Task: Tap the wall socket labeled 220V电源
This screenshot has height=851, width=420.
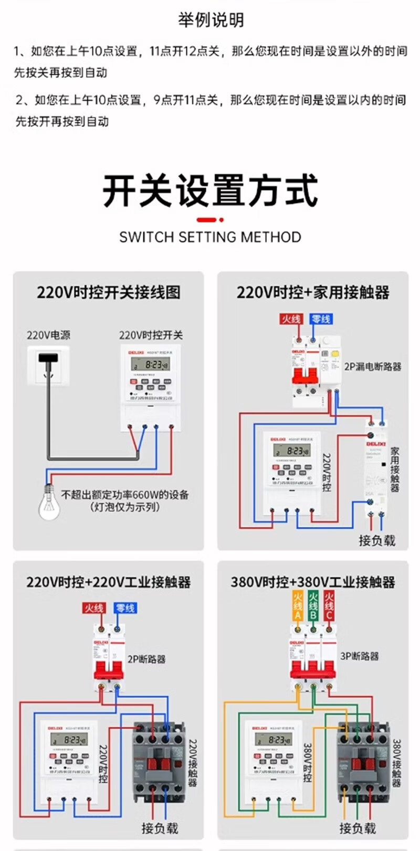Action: tap(48, 365)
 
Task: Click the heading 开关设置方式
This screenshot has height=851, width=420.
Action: tap(210, 192)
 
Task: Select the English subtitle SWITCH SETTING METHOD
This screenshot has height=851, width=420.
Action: tap(210, 237)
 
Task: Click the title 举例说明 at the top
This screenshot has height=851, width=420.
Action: tap(211, 20)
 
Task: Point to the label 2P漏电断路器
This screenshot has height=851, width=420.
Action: tap(372, 367)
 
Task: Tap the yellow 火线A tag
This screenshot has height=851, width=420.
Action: tap(298, 606)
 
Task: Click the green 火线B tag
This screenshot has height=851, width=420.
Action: tap(313, 606)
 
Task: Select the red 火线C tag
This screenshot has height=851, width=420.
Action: tap(329, 606)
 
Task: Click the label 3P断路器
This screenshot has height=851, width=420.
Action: tap(359, 656)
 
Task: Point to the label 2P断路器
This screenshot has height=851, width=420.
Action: tap(146, 659)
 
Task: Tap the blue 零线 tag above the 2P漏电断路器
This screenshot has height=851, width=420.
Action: tap(320, 319)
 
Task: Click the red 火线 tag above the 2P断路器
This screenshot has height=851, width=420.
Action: tap(94, 608)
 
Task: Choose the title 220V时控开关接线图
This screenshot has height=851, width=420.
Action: tap(108, 292)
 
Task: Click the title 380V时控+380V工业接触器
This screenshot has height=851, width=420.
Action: tap(313, 582)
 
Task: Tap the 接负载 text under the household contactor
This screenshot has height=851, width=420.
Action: tap(376, 540)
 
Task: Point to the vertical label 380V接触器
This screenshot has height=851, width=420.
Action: tap(397, 763)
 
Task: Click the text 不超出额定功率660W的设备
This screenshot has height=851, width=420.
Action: tap(125, 494)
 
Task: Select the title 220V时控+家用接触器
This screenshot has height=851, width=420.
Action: tap(313, 292)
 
